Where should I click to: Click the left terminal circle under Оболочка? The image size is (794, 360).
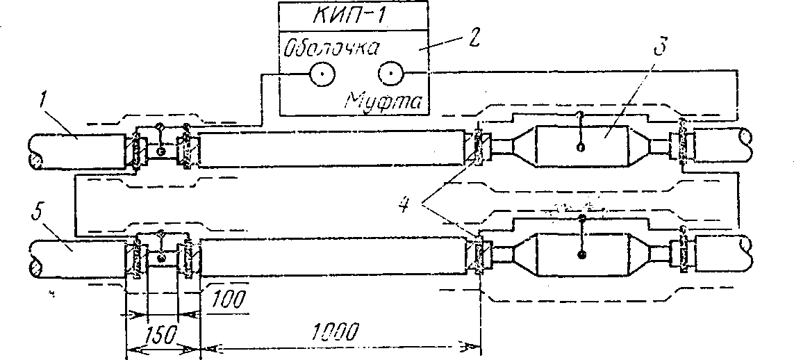coord(321,74)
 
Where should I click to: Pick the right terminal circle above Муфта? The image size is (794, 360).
coord(390,74)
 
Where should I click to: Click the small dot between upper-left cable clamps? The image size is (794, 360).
coord(162,151)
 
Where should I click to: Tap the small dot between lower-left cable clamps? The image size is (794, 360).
coord(162,259)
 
